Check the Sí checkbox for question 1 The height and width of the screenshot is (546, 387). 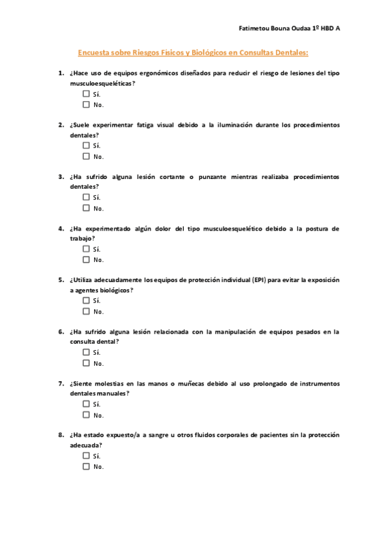[x=86, y=94]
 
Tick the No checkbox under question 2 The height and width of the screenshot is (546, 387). [x=86, y=156]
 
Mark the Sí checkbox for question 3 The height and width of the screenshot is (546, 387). [x=86, y=197]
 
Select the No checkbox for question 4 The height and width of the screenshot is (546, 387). [x=86, y=259]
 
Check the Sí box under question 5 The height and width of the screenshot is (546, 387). [x=86, y=301]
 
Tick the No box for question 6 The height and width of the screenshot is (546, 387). [x=86, y=363]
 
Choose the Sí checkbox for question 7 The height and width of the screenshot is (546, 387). [x=86, y=404]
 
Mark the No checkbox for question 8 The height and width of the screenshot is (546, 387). [x=86, y=466]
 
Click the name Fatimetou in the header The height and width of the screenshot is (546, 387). [x=253, y=29]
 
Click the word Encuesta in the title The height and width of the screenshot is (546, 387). [x=94, y=53]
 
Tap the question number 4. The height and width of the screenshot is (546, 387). [x=61, y=229]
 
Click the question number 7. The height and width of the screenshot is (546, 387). [x=61, y=384]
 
